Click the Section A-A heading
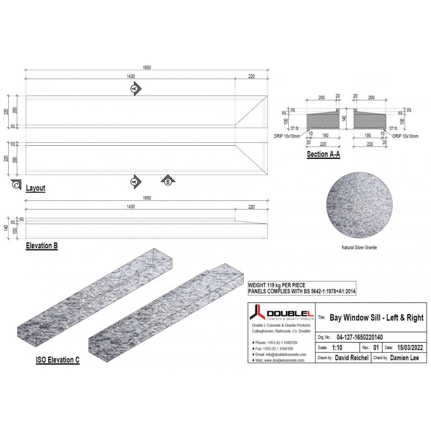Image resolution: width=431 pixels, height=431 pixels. point(323,154)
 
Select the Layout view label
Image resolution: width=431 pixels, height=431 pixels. point(35,188)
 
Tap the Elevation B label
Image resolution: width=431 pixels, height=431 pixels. point(41,246)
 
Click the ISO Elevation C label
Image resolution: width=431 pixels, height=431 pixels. point(57,360)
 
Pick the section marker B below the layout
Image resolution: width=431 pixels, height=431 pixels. point(168,181)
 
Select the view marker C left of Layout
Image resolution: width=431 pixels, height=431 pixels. point(16,184)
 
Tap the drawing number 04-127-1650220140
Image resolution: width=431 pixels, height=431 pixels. point(359,337)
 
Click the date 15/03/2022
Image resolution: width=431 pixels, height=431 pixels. point(409,347)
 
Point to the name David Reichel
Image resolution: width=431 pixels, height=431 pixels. point(351,358)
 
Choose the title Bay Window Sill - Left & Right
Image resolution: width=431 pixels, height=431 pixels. point(376,318)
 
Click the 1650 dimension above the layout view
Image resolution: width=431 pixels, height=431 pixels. point(147,68)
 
